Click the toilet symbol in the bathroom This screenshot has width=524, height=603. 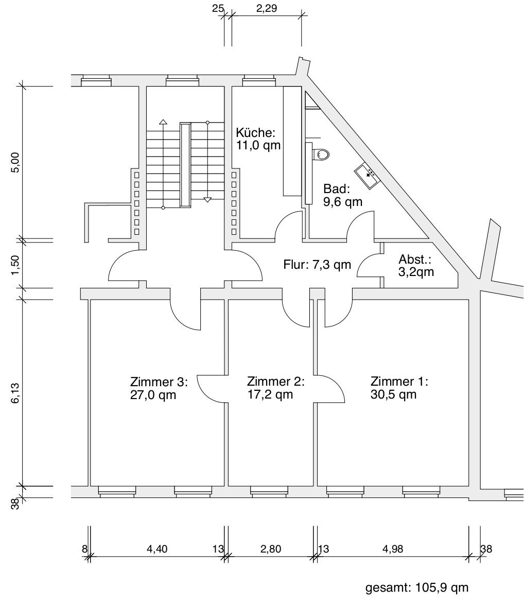point(321,154)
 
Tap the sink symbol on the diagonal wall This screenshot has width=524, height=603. point(368,176)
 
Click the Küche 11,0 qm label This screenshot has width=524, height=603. point(258,139)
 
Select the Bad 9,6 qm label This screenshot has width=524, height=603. point(342,195)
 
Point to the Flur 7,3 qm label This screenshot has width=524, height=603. point(317,265)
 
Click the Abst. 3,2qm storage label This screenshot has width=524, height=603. point(416,265)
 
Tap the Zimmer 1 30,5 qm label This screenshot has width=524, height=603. point(399,388)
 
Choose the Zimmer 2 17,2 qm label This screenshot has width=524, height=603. point(276,388)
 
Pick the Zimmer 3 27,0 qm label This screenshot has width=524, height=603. point(159,388)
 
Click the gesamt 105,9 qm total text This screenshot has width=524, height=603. point(417,588)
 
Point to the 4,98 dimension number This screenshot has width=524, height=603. point(393,549)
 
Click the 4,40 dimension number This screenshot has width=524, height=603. point(157,549)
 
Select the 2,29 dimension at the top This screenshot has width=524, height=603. point(267,8)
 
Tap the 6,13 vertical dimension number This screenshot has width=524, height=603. point(15,393)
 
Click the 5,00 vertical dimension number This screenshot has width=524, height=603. point(15,163)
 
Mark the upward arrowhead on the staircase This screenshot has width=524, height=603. point(163,122)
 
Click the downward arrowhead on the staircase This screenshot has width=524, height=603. point(207,200)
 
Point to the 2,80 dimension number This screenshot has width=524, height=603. point(271,549)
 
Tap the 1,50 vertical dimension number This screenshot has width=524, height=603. point(15,265)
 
